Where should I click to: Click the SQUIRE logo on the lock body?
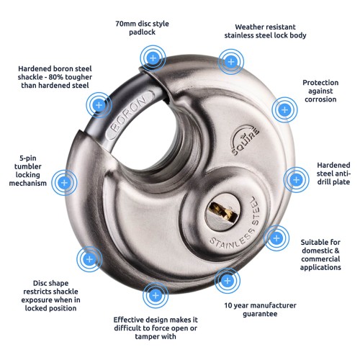point(245,140)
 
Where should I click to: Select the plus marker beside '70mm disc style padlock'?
point(153,58)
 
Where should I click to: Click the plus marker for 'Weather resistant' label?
point(231,62)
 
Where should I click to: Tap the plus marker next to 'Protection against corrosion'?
point(284,110)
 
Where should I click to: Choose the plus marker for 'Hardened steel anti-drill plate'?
point(297,179)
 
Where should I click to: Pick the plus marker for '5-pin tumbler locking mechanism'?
point(64,183)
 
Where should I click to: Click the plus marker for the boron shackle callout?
point(99,105)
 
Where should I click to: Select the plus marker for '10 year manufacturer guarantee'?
point(228,281)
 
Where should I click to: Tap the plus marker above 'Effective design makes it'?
point(156,295)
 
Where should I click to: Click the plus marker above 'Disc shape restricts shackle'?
point(89,259)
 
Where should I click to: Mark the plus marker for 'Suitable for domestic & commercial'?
point(276,238)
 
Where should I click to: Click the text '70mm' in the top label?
point(125,24)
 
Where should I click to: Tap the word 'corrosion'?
point(320,99)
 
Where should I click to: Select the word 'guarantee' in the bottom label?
point(260,314)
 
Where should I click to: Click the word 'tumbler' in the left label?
point(28,166)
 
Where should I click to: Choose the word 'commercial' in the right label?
point(320,259)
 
